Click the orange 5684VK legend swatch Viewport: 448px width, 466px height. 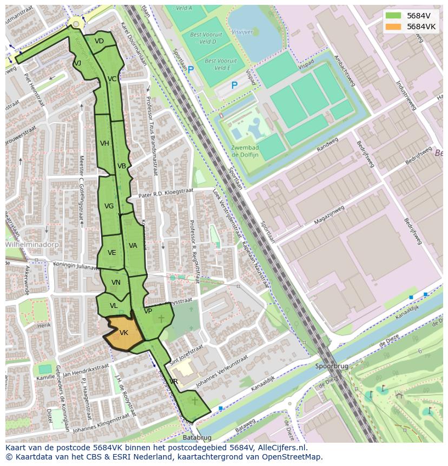click(x=394, y=27)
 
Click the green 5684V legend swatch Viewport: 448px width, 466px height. click(x=394, y=16)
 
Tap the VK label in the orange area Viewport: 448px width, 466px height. click(x=123, y=333)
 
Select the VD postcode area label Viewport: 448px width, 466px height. click(x=99, y=41)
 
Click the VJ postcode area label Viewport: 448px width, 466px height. click(x=77, y=63)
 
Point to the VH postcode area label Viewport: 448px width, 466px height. click(x=104, y=143)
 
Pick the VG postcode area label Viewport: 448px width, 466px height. click(x=109, y=206)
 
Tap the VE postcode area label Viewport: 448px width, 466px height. click(x=111, y=253)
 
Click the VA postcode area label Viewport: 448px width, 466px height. click(x=133, y=246)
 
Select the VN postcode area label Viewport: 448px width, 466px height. click(x=116, y=283)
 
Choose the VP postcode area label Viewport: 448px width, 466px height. click(x=148, y=311)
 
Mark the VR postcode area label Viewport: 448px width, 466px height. click(x=174, y=382)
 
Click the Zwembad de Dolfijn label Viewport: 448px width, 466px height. click(x=245, y=151)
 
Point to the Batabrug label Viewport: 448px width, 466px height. click(x=195, y=437)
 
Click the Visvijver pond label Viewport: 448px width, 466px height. click(x=242, y=32)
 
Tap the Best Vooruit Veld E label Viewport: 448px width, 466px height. click(x=217, y=64)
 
